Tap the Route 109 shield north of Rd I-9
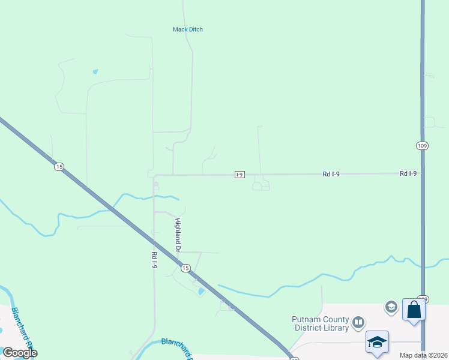pos(423,145)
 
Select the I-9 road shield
pos(240,175)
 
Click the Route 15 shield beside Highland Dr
pos(185,268)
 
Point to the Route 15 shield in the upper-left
pos(59,167)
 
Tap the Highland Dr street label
pos(178,235)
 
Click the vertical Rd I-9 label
pos(154,255)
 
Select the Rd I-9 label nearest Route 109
pos(408,173)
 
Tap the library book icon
pos(358,323)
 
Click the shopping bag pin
pos(414,310)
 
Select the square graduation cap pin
pos(377,342)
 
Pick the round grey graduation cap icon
pos(391,307)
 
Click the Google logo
pos(20,352)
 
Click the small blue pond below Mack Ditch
pos(95,72)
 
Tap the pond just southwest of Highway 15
pos(200,292)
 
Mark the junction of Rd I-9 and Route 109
pos(423,173)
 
